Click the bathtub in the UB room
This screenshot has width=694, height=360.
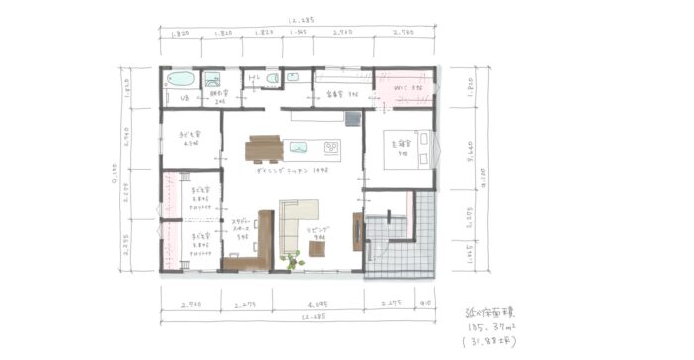pyautogui.click(x=182, y=79)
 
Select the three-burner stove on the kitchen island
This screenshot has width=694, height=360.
pyautogui.click(x=329, y=149)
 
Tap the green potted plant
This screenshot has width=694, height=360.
pyautogui.click(x=290, y=261)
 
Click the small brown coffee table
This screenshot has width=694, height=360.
pyautogui.click(x=317, y=249)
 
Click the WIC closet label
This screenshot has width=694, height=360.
pyautogui.click(x=408, y=90)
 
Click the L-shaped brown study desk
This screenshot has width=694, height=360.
pyautogui.click(x=252, y=248)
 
